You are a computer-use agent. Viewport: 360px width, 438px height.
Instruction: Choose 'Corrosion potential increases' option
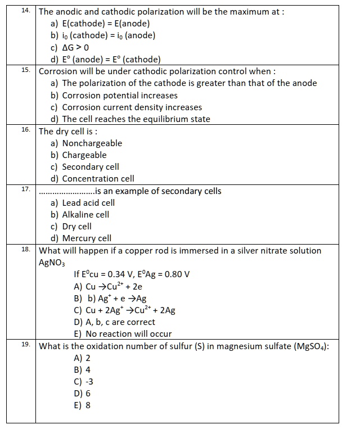point(119,95)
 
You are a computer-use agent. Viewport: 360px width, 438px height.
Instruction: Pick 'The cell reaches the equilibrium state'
point(136,119)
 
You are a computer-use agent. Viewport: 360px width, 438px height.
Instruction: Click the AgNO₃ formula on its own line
point(52,263)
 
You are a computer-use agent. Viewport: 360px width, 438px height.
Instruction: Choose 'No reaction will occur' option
point(128,334)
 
